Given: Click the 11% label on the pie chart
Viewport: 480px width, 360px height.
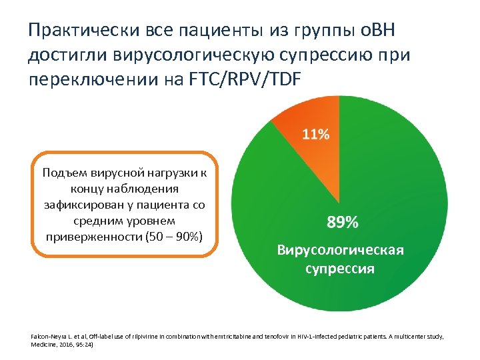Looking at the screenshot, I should pyautogui.click(x=316, y=134).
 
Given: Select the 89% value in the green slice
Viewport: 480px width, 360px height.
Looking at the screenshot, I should pyautogui.click(x=342, y=222).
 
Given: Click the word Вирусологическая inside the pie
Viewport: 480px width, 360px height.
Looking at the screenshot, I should pyautogui.click(x=340, y=250).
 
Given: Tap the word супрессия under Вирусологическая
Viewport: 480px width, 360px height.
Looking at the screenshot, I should pyautogui.click(x=340, y=269).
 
